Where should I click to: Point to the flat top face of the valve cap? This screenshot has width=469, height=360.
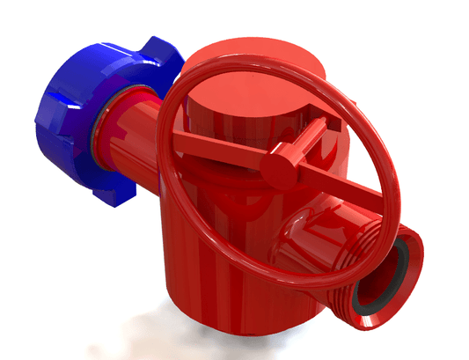(x=246, y=88)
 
